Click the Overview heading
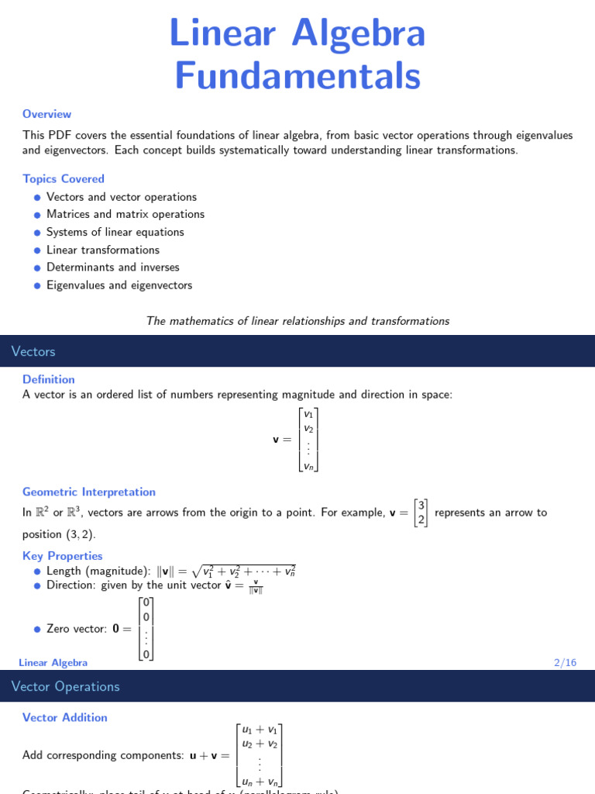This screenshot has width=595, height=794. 46,114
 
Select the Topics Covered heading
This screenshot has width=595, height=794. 64,179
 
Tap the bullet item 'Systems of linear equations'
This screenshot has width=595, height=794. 115,233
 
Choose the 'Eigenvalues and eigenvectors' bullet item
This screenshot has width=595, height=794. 119,285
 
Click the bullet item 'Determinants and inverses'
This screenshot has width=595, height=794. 113,268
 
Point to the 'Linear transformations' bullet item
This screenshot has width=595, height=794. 103,250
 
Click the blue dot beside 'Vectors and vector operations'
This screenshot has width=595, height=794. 36,198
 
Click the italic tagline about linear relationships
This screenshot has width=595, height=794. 297,321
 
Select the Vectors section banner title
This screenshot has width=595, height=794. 33,351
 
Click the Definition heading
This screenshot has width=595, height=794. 49,379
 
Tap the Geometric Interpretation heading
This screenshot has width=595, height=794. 89,492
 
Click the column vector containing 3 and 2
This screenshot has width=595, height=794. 421,513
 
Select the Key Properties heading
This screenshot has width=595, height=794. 63,556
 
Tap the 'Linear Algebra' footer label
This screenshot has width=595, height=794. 53,662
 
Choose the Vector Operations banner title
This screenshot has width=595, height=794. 66,686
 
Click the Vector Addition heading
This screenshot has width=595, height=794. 65,717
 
